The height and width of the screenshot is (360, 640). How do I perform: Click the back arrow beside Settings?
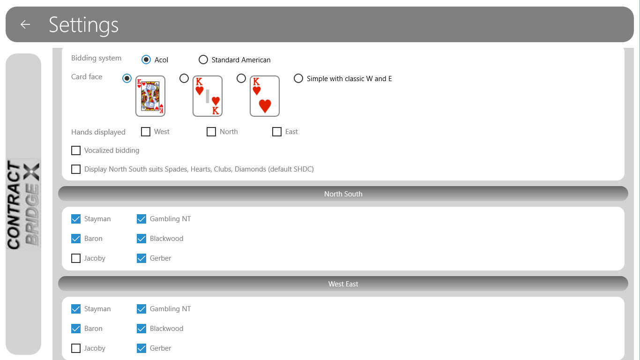pos(25,24)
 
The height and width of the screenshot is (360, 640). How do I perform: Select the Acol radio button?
pos(146,60)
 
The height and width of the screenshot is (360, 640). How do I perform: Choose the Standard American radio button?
pos(203,60)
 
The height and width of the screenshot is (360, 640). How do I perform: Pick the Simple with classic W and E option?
pos(298,78)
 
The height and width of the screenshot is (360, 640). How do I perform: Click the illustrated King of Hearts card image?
pos(150,96)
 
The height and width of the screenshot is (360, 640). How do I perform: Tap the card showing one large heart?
pos(265,96)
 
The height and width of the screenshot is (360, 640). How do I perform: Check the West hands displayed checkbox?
pos(146,132)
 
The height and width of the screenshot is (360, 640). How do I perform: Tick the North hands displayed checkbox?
pos(211,132)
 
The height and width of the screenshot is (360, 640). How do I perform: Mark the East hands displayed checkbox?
pos(277,132)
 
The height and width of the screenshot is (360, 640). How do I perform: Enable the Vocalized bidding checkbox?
pos(76,150)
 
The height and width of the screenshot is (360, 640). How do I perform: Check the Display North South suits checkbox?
pos(76,169)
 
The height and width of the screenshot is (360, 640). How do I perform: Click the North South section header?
pos(343,194)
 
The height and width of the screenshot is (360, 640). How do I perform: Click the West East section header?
pos(343,284)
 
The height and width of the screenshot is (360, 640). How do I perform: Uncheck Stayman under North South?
pos(76,219)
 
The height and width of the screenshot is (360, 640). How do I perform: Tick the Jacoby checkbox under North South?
pos(76,258)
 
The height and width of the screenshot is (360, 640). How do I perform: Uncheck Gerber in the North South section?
pos(141,258)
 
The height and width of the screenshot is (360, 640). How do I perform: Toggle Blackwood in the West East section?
pos(141,329)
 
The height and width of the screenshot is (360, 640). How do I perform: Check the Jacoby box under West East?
pos(76,348)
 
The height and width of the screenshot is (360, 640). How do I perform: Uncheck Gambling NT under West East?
pos(141,309)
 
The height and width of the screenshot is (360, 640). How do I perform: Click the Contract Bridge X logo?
pos(23,205)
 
